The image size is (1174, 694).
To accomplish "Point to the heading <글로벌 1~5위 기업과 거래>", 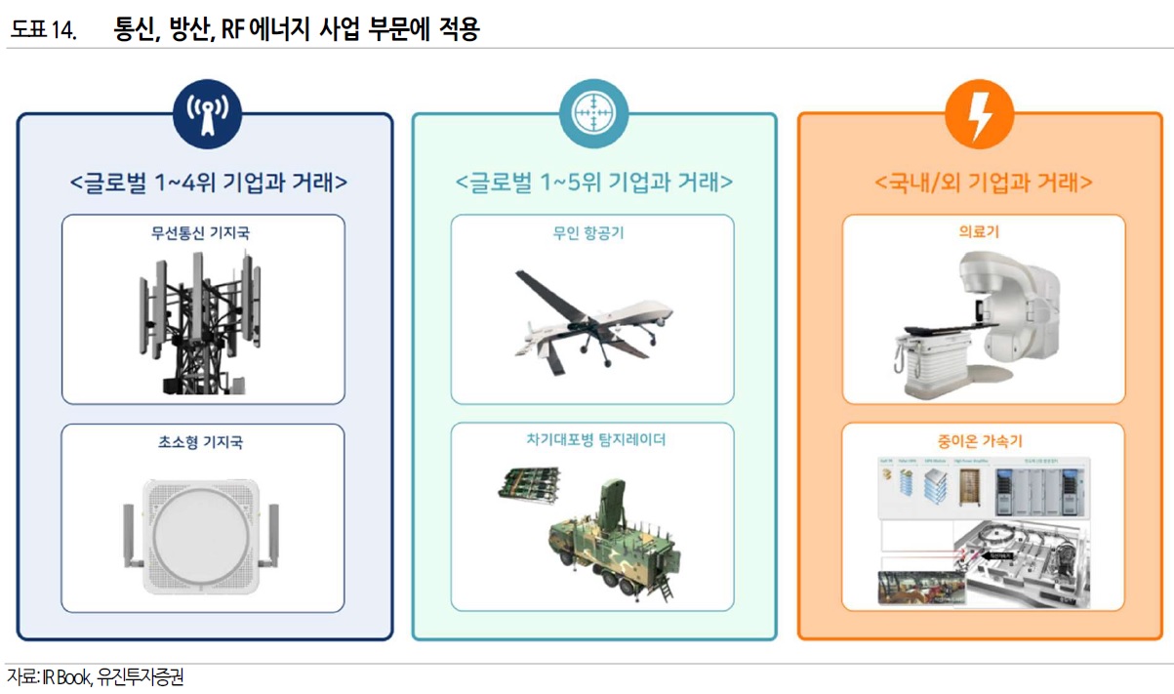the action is click(x=594, y=183).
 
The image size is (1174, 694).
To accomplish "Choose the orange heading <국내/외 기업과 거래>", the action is click(x=983, y=183).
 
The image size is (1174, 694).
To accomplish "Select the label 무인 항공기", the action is click(x=591, y=233).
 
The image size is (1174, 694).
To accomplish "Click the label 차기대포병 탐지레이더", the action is click(x=591, y=440).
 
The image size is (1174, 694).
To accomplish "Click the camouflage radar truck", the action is click(x=605, y=542).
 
